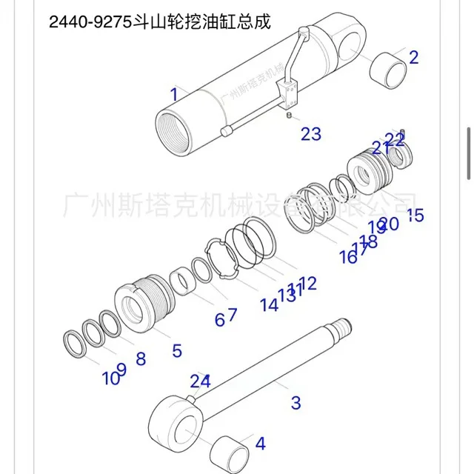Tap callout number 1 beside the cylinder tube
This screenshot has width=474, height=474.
pyautogui.click(x=174, y=94)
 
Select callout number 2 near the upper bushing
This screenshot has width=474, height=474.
pyautogui.click(x=413, y=56)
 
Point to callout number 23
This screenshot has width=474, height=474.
pyautogui.click(x=311, y=133)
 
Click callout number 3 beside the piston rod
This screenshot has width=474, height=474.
pyautogui.click(x=296, y=403)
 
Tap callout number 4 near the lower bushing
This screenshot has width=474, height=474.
pyautogui.click(x=260, y=444)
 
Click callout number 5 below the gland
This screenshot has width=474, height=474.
pyautogui.click(x=176, y=350)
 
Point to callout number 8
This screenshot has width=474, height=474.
pyautogui.click(x=140, y=358)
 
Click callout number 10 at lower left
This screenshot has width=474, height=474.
pyautogui.click(x=110, y=379)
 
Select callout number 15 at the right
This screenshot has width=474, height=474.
pyautogui.click(x=415, y=216)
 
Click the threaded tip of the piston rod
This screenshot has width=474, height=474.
pyautogui.click(x=342, y=327)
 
